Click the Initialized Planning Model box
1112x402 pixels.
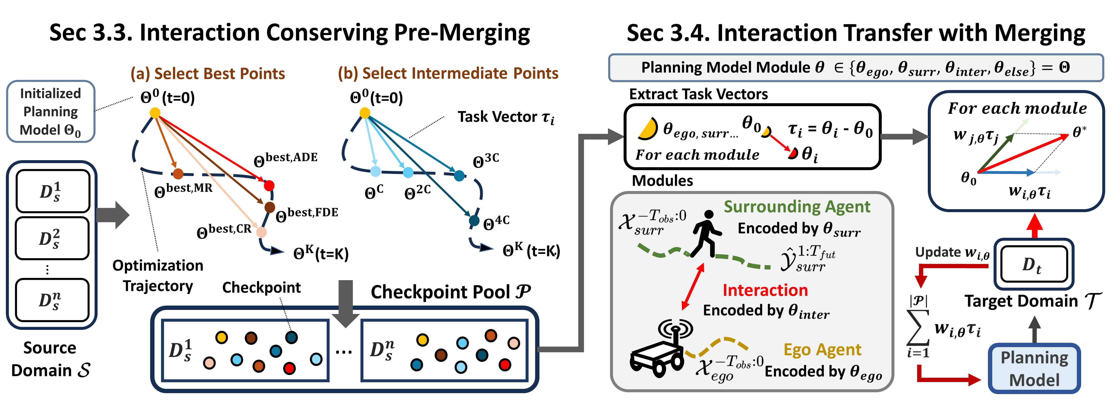point(51,111)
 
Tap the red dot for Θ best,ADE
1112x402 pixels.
point(269,186)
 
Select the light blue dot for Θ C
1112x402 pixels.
point(376,172)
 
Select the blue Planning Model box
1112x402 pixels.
point(1034,368)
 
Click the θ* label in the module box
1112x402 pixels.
point(1079,132)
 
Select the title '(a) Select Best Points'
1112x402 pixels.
point(208,74)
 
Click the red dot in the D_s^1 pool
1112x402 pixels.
point(289,368)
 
